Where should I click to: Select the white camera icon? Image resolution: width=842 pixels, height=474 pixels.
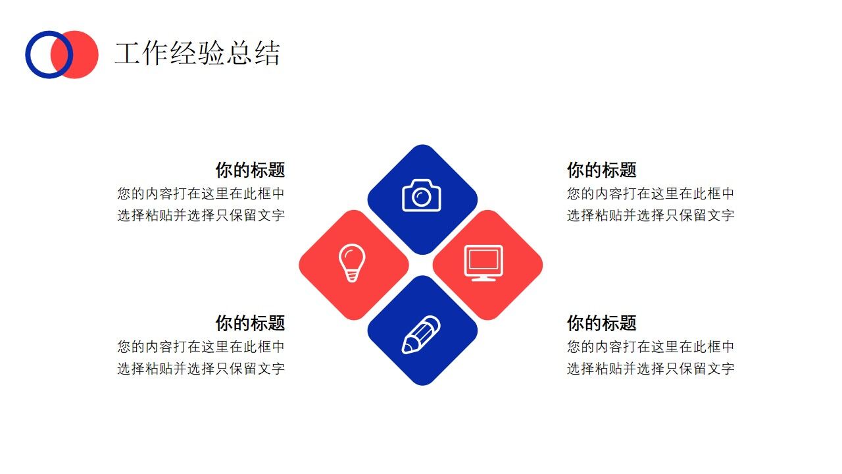422,195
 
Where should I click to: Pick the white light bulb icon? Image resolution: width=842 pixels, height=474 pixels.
351,263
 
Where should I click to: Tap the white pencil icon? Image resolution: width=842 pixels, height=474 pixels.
421,334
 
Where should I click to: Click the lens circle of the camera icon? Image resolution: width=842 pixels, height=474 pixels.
421,197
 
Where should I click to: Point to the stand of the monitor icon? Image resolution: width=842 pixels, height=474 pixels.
483,278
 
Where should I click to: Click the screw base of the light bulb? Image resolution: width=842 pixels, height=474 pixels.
352,276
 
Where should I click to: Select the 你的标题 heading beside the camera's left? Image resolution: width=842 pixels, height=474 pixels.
250,170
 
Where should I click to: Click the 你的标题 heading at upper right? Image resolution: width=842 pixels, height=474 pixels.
602,170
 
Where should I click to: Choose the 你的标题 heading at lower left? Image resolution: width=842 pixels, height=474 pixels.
250,323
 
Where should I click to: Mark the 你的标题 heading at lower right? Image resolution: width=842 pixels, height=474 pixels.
602,323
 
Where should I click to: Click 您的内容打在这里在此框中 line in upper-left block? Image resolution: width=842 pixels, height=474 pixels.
201,194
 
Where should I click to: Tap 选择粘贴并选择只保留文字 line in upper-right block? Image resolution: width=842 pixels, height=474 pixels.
651,215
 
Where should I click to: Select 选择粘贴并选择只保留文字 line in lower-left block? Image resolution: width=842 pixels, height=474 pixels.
201,369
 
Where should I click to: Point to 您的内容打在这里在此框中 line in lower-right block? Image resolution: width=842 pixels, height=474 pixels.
651,347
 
